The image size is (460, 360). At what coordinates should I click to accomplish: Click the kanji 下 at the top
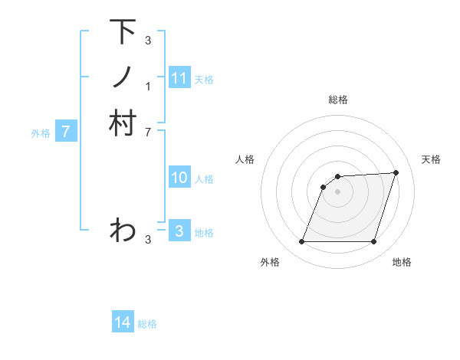(123, 31)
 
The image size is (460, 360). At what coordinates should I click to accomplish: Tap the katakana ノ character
(123, 77)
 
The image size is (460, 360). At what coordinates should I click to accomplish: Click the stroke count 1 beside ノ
(148, 86)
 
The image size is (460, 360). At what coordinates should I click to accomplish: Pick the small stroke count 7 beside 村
(148, 132)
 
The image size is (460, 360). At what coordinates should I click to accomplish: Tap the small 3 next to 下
(148, 41)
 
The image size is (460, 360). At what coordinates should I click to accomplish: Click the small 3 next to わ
(148, 240)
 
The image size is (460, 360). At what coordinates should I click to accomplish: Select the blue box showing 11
(179, 78)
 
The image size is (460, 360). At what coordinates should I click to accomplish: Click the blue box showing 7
(67, 132)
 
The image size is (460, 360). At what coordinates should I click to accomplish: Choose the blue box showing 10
(179, 178)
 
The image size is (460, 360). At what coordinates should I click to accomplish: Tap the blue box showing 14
(123, 322)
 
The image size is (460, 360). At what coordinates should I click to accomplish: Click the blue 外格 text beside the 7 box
(41, 133)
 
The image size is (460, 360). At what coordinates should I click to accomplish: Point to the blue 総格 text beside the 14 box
(147, 323)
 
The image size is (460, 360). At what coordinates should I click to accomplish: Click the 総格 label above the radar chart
(338, 100)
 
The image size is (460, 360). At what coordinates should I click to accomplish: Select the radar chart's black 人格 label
(245, 159)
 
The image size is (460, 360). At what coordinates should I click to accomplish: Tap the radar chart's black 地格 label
(402, 262)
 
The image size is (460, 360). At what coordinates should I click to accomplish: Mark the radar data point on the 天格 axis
(396, 173)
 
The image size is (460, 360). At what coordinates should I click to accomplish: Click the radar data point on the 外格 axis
(302, 242)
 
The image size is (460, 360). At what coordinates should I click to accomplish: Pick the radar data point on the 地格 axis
(373, 242)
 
